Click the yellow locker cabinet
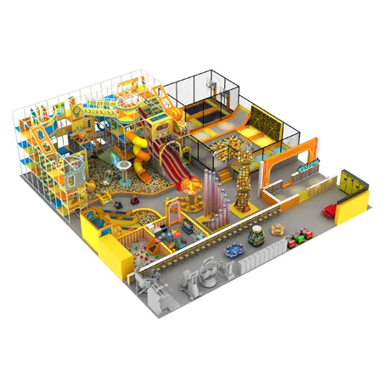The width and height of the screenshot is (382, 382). point(348,180)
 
